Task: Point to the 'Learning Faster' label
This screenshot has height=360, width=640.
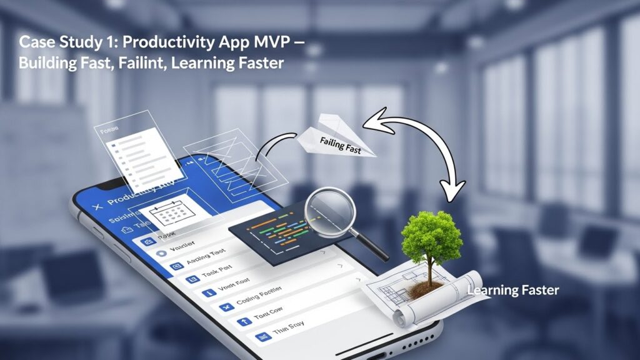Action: point(512,290)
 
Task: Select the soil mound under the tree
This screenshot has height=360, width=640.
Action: point(426,289)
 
